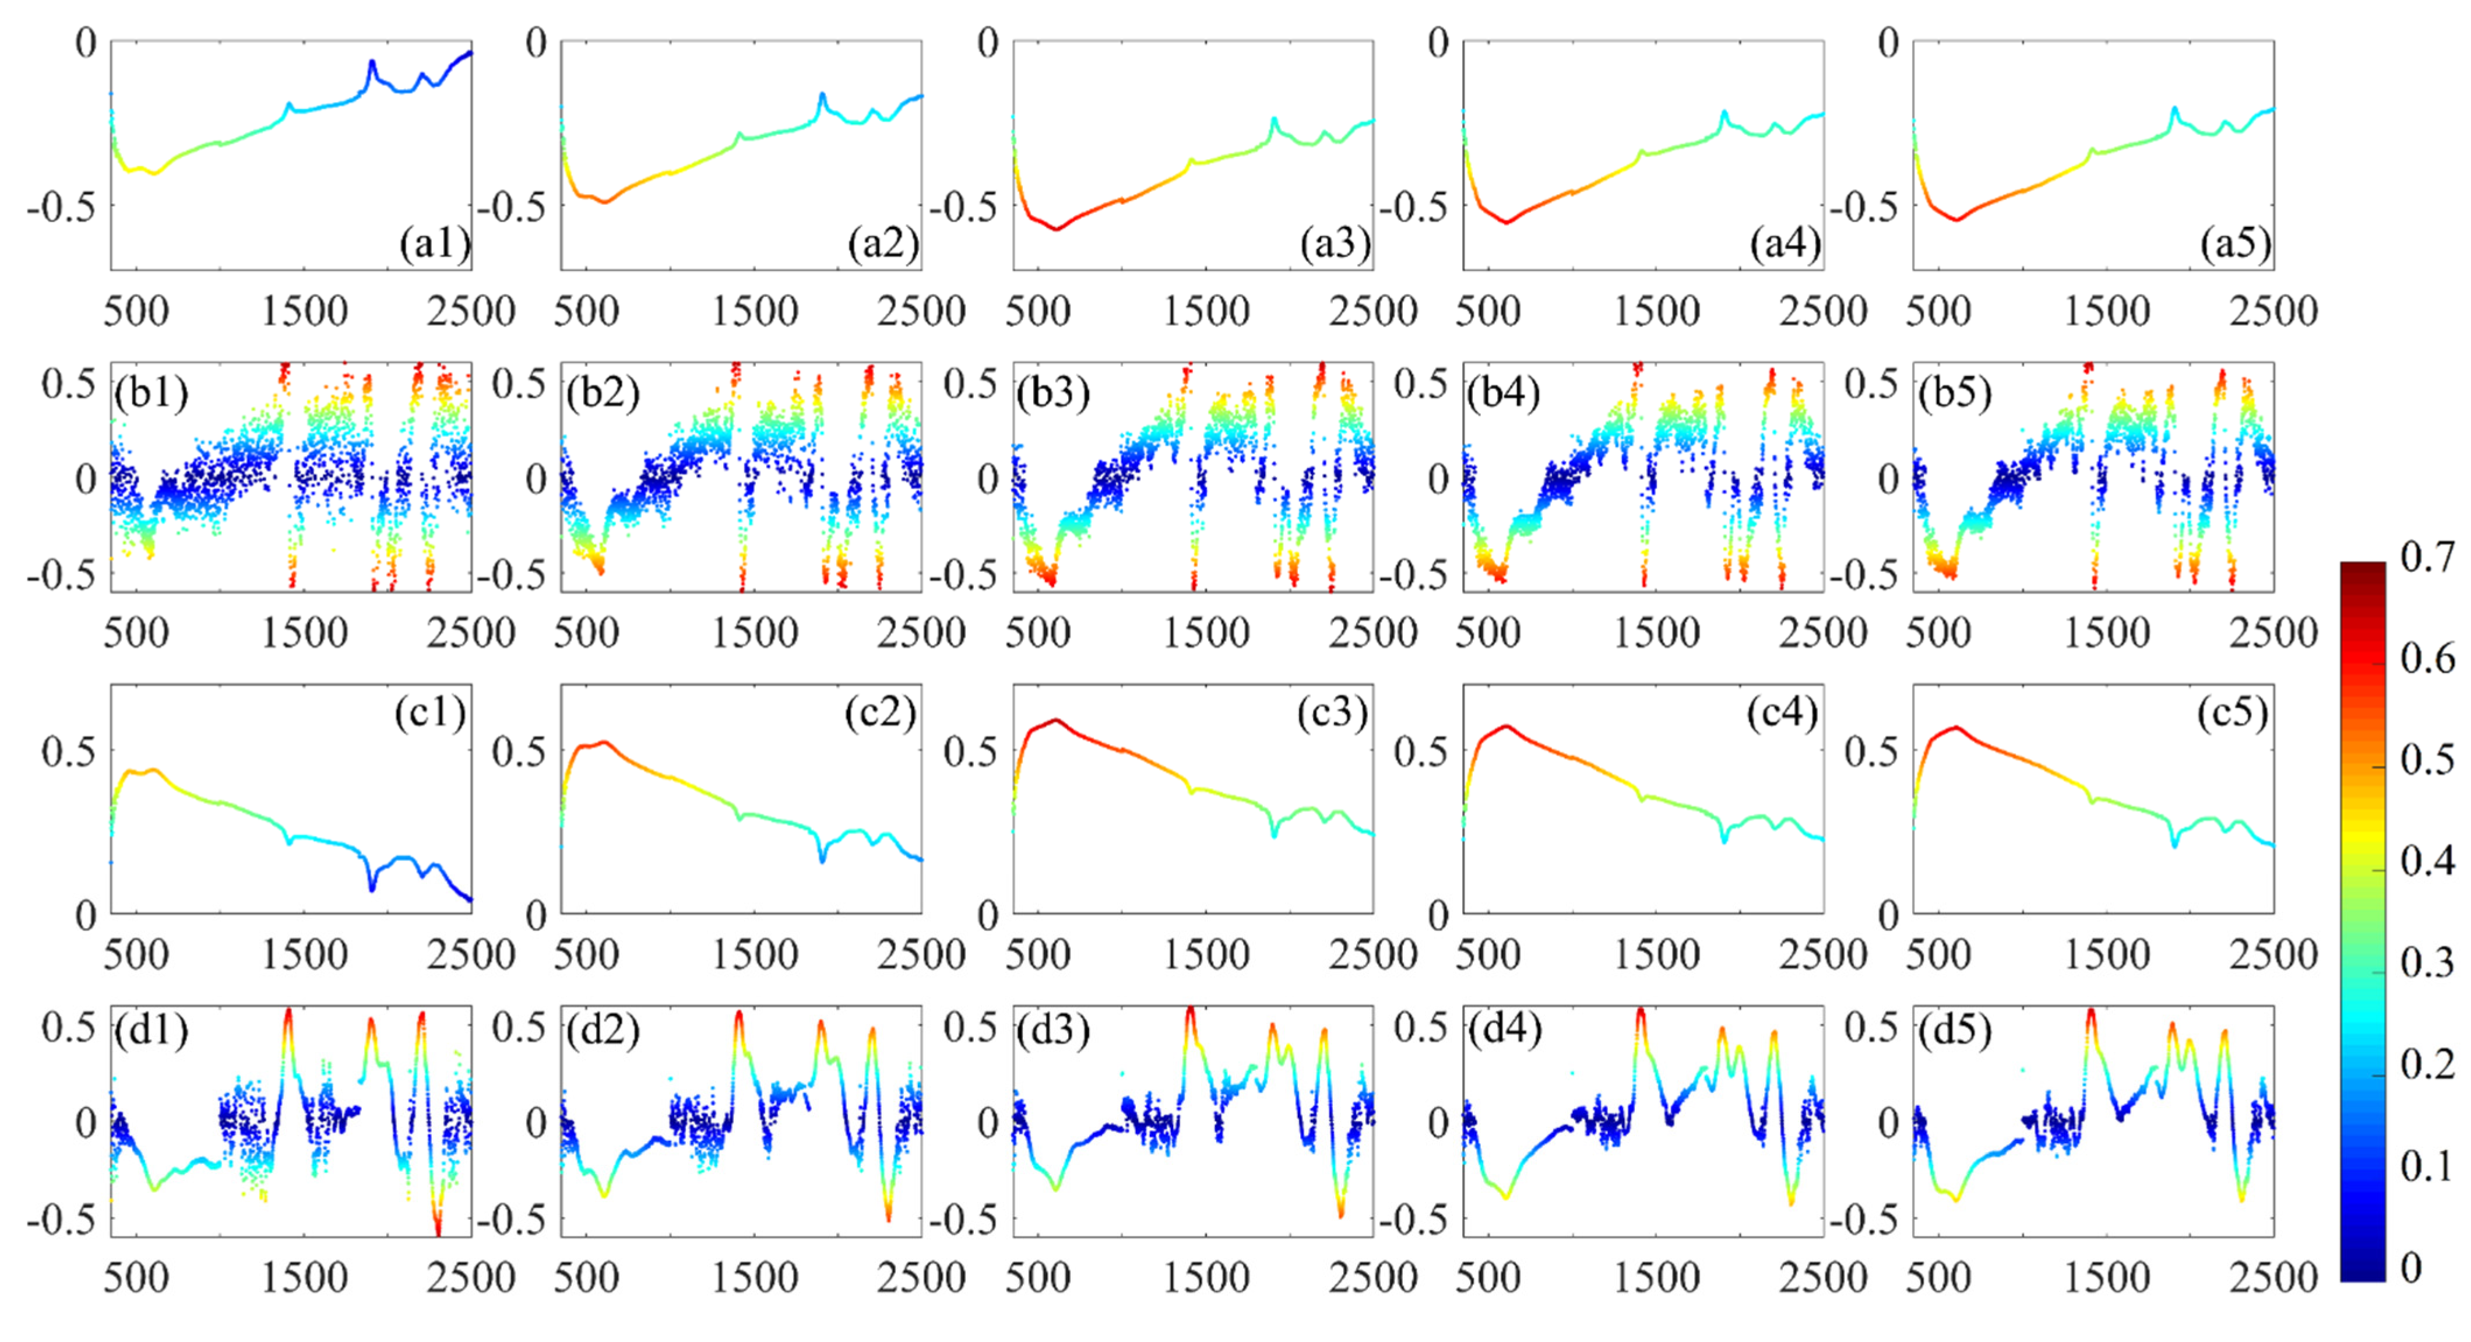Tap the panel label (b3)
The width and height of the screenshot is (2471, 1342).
click(1053, 394)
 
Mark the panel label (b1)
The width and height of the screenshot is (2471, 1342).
click(150, 394)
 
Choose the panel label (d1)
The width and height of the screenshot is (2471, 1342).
click(150, 1030)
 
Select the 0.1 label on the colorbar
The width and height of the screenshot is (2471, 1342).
click(2427, 1165)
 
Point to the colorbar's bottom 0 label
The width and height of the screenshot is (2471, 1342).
click(2410, 1267)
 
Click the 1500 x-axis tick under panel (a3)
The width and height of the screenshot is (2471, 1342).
click(1206, 311)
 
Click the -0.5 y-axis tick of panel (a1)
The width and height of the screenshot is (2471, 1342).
click(61, 206)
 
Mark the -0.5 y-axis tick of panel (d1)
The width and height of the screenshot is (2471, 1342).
click(61, 1219)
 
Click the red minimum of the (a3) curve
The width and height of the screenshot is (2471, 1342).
click(1056, 229)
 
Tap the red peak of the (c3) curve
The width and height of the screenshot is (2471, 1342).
click(1056, 719)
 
